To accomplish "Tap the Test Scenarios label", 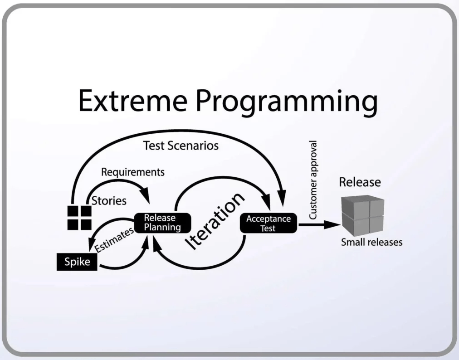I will click(x=181, y=146).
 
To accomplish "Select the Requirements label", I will click(x=132, y=172).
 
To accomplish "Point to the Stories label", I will click(x=109, y=200).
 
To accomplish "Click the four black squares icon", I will click(x=79, y=217).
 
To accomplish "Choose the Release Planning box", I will click(x=162, y=223).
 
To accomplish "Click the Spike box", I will click(x=77, y=262).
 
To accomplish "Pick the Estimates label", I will click(x=114, y=239).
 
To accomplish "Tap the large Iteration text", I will click(x=216, y=221).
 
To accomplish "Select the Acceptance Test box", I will click(x=268, y=223).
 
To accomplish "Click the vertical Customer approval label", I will click(x=313, y=180).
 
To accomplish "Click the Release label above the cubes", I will click(x=360, y=182).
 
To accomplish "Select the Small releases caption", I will click(x=371, y=242).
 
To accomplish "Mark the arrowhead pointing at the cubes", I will click(x=334, y=224).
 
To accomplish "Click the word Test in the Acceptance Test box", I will click(x=268, y=229).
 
